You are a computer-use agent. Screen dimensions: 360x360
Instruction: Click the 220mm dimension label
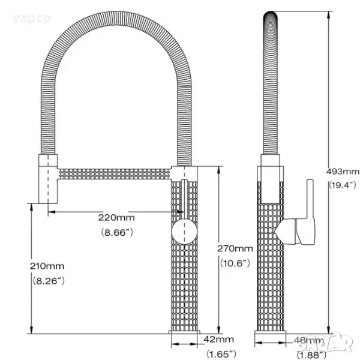coord(116,217)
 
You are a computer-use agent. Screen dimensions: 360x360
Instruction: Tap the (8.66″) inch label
coord(117,233)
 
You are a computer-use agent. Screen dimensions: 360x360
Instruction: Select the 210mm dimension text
coord(47,266)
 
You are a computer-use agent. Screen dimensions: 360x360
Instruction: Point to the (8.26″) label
coord(49,281)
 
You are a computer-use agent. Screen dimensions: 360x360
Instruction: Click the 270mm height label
coord(235,248)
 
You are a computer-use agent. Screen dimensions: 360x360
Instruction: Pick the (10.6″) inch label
coord(235,263)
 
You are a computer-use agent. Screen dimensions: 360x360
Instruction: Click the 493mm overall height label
coord(343,171)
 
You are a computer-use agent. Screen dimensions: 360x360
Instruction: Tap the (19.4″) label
coord(343,185)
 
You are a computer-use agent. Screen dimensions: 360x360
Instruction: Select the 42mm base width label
coord(218,340)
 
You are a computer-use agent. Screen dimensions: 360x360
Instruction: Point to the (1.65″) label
coord(221,354)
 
